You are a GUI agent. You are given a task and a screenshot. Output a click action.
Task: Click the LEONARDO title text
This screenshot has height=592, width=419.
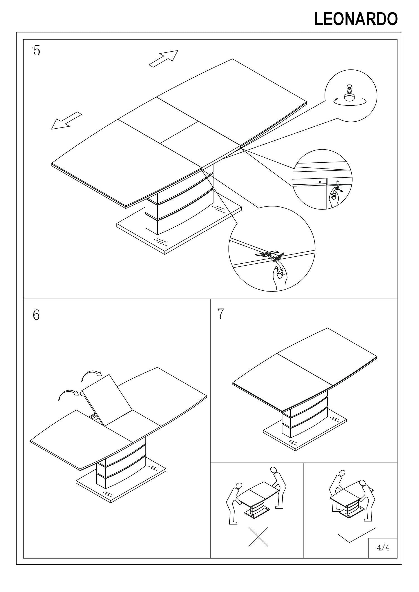(x=356, y=20)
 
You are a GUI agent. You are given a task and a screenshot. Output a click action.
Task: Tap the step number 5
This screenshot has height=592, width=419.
(x=37, y=51)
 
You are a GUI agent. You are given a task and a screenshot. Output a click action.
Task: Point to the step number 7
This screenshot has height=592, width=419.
(x=221, y=314)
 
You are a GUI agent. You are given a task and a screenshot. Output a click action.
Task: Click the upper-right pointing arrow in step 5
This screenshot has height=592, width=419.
(x=164, y=59)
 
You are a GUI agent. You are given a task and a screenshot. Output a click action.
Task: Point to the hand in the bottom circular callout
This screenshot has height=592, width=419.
(x=279, y=276)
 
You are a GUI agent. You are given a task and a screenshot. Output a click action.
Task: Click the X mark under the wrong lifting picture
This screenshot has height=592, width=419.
(x=258, y=537)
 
